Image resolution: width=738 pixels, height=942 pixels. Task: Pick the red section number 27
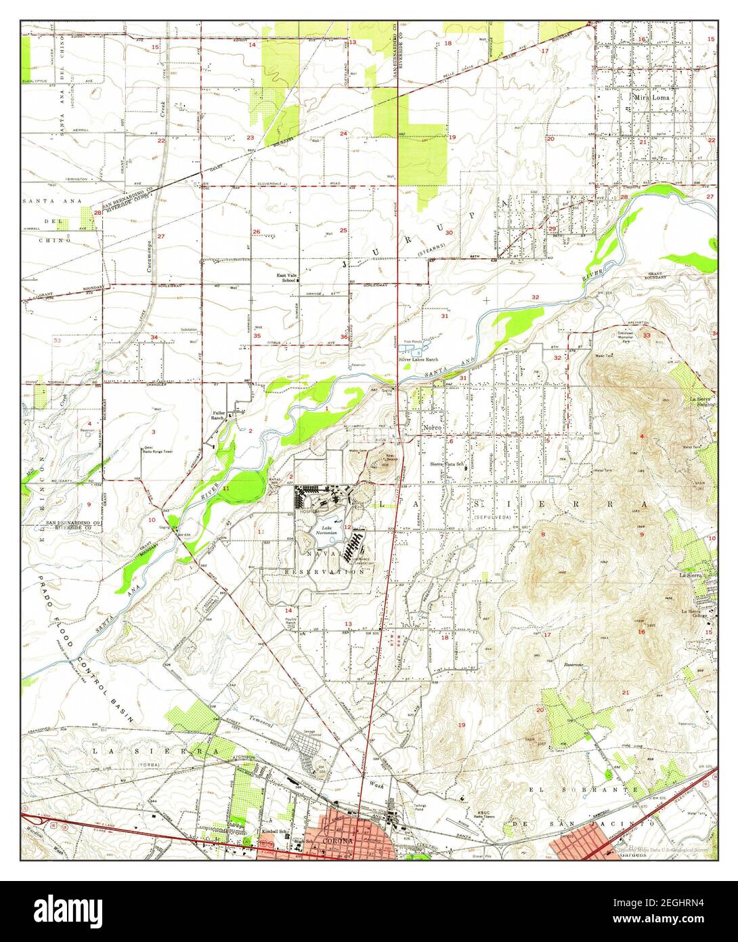(x=161, y=236)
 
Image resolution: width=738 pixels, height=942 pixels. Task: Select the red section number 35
(x=257, y=335)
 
